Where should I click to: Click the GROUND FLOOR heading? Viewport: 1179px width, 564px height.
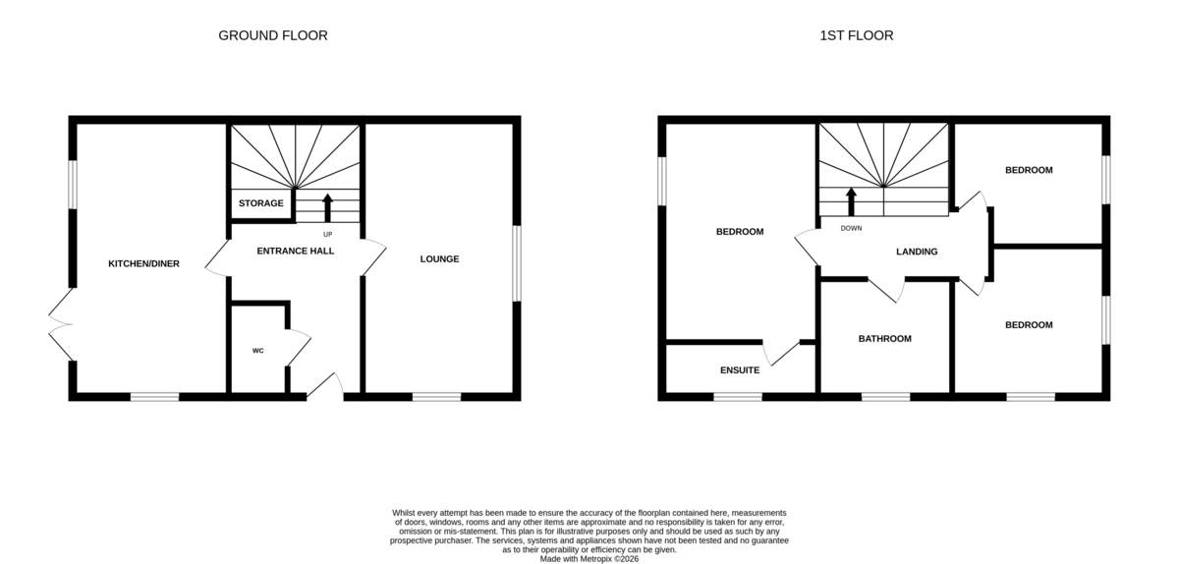tap(273, 35)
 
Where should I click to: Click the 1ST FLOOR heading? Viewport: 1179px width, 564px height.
tap(857, 35)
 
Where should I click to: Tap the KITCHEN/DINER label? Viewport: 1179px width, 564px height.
tap(143, 263)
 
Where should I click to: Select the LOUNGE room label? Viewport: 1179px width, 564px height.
tap(439, 258)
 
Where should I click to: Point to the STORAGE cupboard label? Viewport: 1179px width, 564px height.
tap(261, 202)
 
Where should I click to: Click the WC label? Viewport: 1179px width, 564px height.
tap(257, 351)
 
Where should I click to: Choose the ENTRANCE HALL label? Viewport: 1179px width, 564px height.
tap(296, 251)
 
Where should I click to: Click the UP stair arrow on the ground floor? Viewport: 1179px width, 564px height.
tap(327, 208)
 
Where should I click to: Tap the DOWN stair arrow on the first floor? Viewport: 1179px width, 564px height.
tap(851, 201)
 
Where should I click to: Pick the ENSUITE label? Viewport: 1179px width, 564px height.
tap(740, 370)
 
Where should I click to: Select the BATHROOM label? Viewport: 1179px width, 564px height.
tap(885, 339)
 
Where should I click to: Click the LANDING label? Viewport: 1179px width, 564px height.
tap(917, 252)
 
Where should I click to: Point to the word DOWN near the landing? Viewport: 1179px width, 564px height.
tap(851, 228)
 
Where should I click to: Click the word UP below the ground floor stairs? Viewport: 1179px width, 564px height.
tap(327, 234)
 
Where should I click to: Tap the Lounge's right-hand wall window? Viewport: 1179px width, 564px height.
tap(517, 263)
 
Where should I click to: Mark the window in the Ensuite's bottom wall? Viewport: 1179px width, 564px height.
tap(738, 397)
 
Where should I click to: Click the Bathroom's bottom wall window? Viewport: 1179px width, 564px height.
tap(886, 397)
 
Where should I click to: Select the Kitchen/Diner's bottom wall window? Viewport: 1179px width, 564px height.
tap(155, 397)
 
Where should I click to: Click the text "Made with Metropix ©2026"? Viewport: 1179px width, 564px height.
tap(589, 559)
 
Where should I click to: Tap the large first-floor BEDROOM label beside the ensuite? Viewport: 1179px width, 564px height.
tap(740, 232)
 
